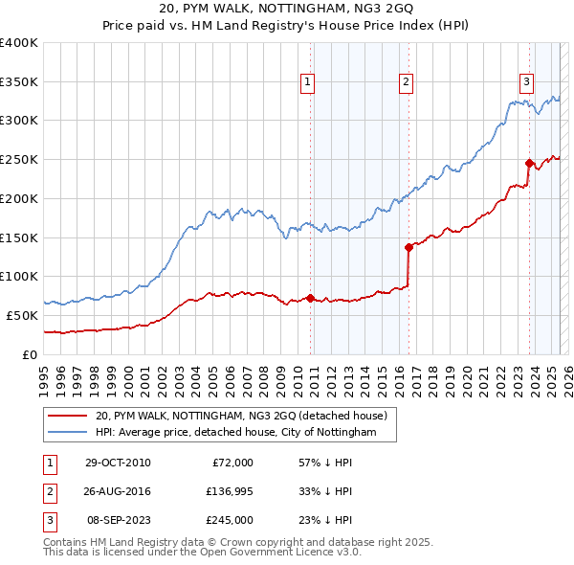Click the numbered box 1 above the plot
308,83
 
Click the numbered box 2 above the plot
407,83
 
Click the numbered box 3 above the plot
526,83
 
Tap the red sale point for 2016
408,247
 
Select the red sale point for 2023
529,163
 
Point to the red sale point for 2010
311,298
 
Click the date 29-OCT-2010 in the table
117,463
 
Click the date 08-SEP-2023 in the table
117,520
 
